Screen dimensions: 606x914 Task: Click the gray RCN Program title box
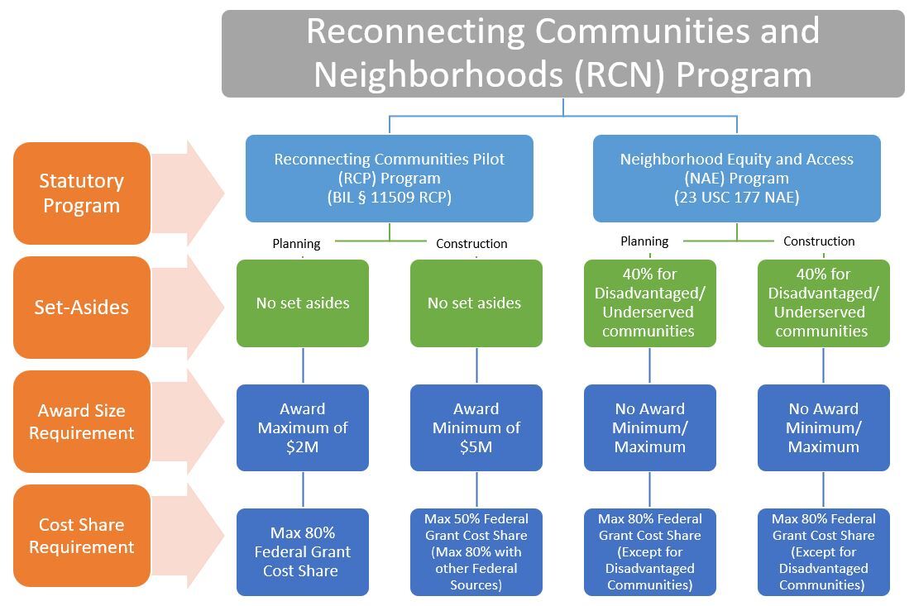click(x=562, y=53)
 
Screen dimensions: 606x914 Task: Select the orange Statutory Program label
click(x=81, y=193)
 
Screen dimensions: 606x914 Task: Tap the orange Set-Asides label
click(x=81, y=308)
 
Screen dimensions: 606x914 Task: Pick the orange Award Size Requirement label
click(x=81, y=422)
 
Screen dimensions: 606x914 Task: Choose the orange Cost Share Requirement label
click(x=81, y=536)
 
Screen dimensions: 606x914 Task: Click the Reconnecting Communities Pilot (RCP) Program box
click(x=389, y=179)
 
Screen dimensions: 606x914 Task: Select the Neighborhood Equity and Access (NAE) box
click(x=736, y=179)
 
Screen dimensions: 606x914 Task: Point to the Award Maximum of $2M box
click(x=303, y=427)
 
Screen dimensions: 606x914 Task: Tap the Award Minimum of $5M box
click(x=476, y=427)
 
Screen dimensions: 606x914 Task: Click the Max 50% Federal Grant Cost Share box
click(x=476, y=551)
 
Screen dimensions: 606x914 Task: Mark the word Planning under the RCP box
click(x=296, y=244)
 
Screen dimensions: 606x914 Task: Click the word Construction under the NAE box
click(x=819, y=241)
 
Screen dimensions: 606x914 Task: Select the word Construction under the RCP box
click(x=471, y=244)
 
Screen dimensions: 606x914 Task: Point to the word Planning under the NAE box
click(x=644, y=241)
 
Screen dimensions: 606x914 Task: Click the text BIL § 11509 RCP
click(x=390, y=198)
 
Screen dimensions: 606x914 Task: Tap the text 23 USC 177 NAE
click(x=736, y=198)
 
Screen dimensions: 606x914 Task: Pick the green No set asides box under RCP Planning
click(x=303, y=303)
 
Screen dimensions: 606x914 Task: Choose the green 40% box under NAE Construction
click(x=823, y=303)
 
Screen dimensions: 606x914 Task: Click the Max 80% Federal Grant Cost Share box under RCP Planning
click(x=303, y=551)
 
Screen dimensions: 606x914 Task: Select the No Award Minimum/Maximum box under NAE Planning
click(x=649, y=427)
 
